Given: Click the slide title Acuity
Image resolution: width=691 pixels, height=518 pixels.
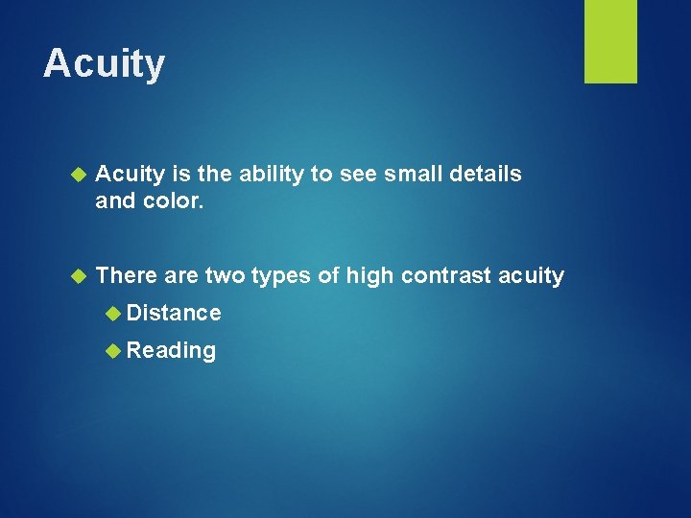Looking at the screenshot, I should pos(104,64).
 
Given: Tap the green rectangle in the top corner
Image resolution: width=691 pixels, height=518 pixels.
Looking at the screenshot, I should pos(610,41).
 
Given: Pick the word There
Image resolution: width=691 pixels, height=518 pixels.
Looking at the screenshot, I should pos(127,276).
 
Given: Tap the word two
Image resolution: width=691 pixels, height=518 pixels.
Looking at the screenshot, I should pos(225,276).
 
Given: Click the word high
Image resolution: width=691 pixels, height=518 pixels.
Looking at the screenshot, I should pos(369,276).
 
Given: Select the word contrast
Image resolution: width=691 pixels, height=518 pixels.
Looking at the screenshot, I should pos(445,276).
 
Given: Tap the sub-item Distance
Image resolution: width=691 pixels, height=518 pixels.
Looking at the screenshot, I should pos(174,313).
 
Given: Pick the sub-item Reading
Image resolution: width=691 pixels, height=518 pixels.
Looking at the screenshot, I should pos(171,351).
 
